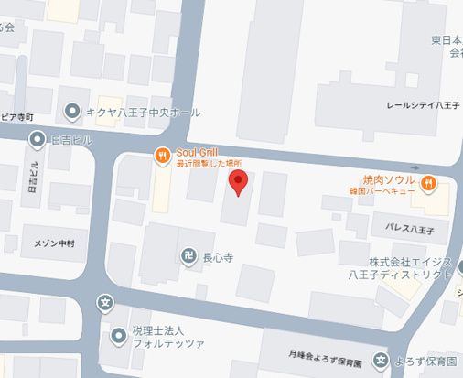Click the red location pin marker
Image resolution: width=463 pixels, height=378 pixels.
(x=237, y=181)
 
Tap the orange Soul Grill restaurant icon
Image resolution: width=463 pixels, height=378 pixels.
(x=162, y=156)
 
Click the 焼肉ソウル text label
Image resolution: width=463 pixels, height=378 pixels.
(x=389, y=178)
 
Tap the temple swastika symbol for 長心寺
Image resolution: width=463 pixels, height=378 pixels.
(x=187, y=256)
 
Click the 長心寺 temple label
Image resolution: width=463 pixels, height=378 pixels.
(x=219, y=257)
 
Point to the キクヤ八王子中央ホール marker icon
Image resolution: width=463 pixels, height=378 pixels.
(x=71, y=113)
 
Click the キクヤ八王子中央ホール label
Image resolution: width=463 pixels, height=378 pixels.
(x=142, y=113)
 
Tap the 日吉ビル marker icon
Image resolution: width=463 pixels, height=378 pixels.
(x=37, y=139)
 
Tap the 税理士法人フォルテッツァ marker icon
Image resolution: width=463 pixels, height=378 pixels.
(x=117, y=337)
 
